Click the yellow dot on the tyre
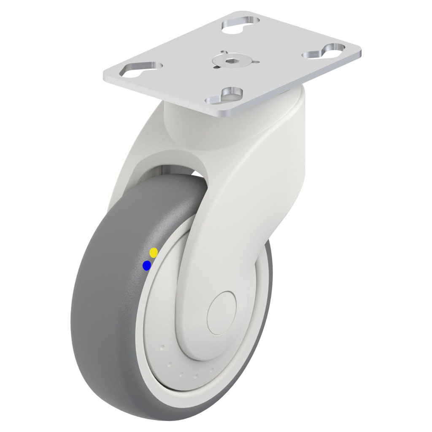[x=154, y=252]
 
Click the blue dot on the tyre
[x=147, y=265]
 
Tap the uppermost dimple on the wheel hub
[x=162, y=348]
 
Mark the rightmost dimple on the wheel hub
[x=211, y=370]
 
